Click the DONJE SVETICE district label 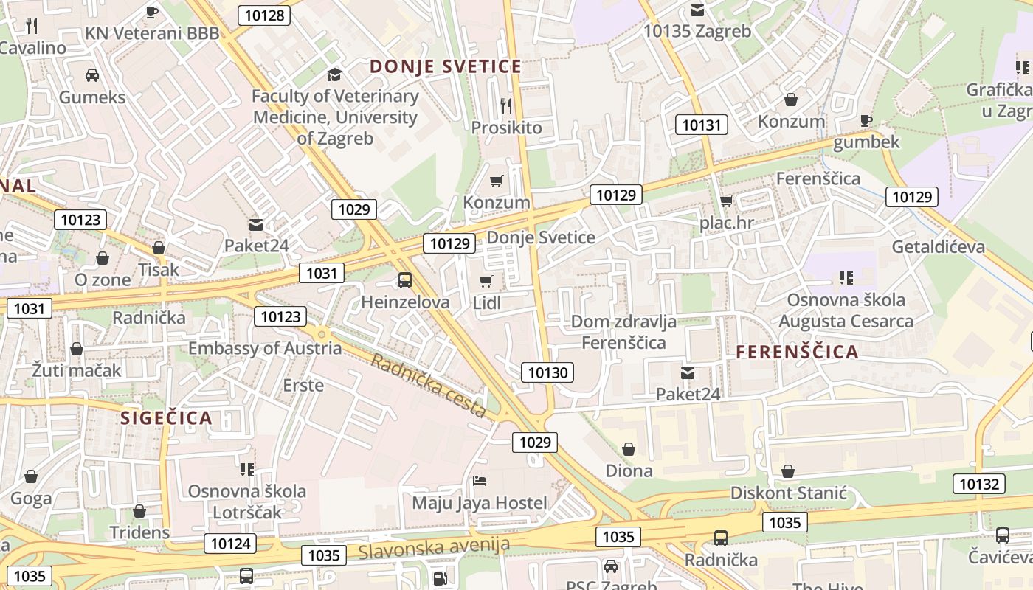click(x=446, y=66)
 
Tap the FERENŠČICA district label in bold click(x=798, y=352)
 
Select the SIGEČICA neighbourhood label click(x=166, y=418)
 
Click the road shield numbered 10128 click(x=264, y=15)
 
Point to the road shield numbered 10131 click(x=701, y=125)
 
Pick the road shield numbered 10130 click(x=547, y=372)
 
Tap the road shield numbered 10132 click(x=979, y=484)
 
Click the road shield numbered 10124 click(x=230, y=544)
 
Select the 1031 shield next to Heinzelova click(x=322, y=274)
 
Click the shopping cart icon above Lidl click(x=486, y=281)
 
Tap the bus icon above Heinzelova click(x=404, y=280)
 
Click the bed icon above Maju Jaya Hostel click(x=480, y=481)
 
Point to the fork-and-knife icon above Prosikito click(x=506, y=106)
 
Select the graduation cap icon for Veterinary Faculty click(x=335, y=74)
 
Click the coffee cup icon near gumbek click(x=866, y=120)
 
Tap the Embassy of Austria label click(x=265, y=348)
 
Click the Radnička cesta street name click(x=429, y=385)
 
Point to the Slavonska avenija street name click(x=434, y=547)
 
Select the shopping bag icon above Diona click(x=629, y=448)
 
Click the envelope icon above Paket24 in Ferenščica click(x=688, y=373)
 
